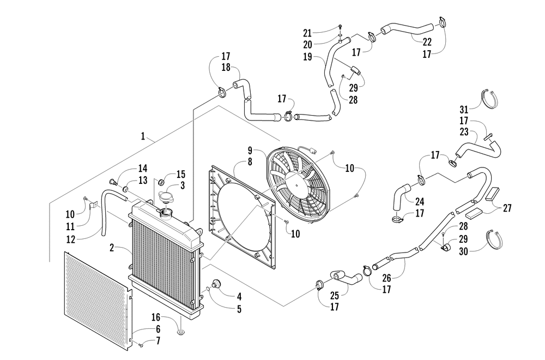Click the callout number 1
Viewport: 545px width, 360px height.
coord(143,137)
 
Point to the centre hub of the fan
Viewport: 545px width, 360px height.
coord(299,185)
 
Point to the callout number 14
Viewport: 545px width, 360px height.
coord(143,168)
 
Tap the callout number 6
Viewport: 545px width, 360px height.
coord(158,329)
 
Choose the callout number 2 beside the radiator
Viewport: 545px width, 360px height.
coord(111,248)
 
